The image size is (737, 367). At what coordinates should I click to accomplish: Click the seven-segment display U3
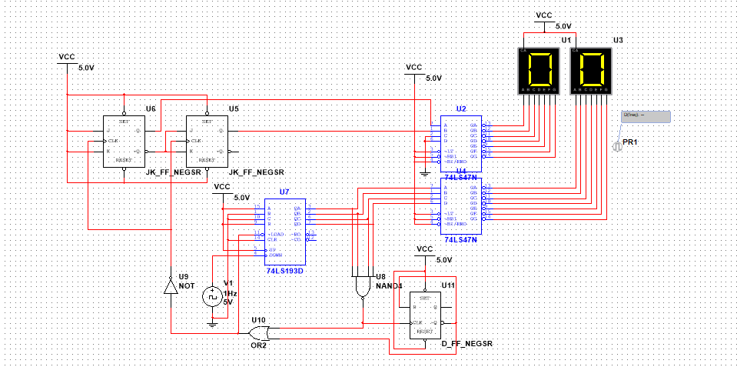coord(591,70)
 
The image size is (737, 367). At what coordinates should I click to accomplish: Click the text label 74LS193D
coord(285,272)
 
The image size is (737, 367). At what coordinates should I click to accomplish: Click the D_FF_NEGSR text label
coord(467,342)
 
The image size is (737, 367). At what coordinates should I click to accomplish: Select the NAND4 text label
coord(389,286)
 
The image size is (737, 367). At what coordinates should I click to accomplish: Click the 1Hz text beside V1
coord(230,293)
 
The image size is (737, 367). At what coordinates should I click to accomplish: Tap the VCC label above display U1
coord(543,15)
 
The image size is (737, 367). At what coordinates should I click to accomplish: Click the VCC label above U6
coord(67,57)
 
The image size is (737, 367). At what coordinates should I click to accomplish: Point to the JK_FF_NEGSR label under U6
coord(173,172)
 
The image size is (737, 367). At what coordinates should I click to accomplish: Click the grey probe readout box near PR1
coord(646,116)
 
